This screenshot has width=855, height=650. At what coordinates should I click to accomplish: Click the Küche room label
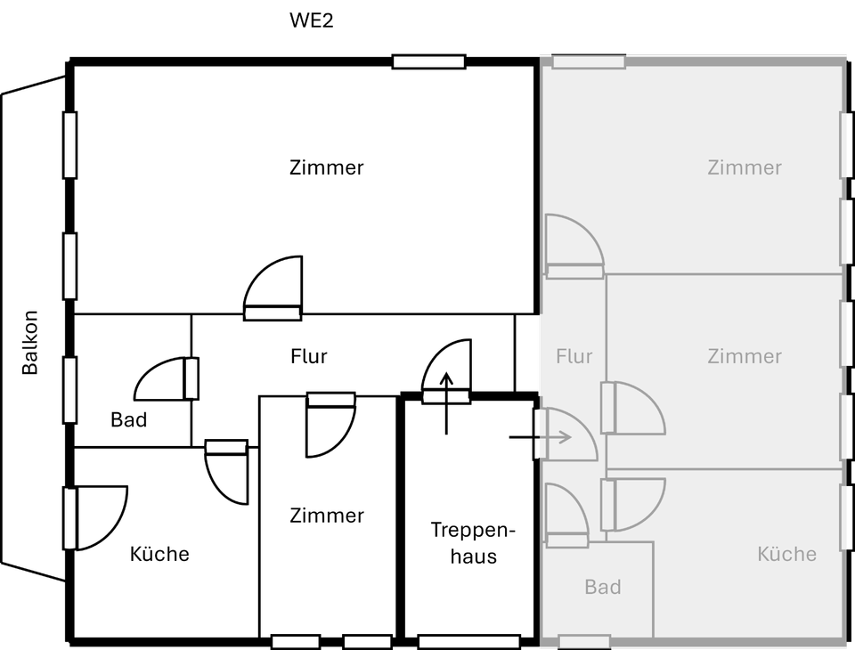point(786,554)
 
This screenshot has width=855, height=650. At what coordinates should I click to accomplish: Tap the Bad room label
point(603,587)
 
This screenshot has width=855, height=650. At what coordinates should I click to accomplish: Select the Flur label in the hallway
point(574,356)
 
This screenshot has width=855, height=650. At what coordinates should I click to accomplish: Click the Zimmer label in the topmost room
point(745,167)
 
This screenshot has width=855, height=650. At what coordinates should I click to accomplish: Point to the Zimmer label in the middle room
point(745,356)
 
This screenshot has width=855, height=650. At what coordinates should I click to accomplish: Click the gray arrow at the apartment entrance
point(560,437)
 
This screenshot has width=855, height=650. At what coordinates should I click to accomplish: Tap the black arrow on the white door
point(446,381)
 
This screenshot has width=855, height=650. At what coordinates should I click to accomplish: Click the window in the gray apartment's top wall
point(588,62)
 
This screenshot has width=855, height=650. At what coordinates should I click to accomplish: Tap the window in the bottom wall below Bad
point(584,641)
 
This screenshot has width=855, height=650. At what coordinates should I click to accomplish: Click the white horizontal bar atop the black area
point(428,61)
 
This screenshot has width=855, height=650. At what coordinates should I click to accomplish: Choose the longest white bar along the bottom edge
point(468,642)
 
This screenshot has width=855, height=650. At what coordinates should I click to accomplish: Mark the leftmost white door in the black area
point(94,517)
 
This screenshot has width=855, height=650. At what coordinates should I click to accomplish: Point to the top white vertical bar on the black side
point(69,145)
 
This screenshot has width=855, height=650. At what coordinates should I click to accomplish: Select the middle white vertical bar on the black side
point(69,266)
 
